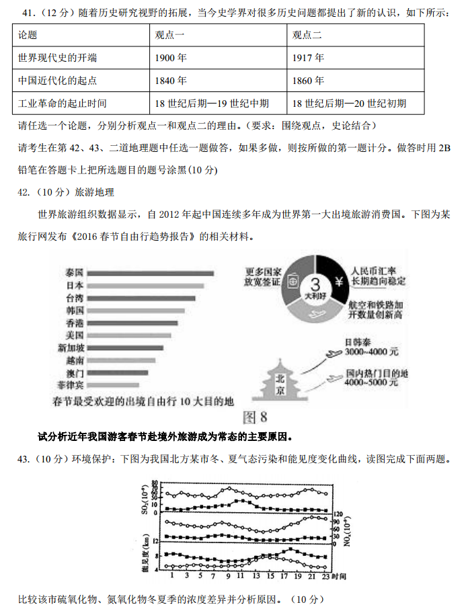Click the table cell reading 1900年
click(x=171, y=58)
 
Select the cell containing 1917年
click(x=309, y=58)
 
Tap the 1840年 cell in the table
click(x=171, y=81)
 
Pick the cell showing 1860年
click(x=309, y=81)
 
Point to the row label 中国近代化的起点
click(x=58, y=81)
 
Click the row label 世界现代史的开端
click(x=58, y=58)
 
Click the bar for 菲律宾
click(x=114, y=385)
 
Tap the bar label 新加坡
click(x=72, y=348)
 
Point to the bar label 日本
click(x=75, y=285)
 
